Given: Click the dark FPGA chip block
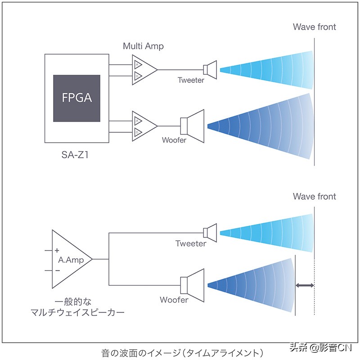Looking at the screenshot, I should point(76,98).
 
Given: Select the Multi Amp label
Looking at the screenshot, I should point(143,46).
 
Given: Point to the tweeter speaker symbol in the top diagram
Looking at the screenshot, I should point(210,69).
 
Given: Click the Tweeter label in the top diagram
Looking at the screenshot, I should point(191,81).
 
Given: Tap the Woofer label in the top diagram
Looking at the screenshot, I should point(174,140).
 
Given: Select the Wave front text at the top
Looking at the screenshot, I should point(314,27).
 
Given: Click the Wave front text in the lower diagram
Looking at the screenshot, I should point(314,197).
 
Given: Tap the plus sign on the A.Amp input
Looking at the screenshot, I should point(57,250).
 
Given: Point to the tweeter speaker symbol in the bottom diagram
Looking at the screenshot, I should point(210,232).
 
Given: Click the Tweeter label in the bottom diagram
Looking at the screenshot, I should point(191,244).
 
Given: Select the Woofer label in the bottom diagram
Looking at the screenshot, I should point(174,300).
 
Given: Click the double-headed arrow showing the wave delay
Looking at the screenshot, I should point(305,285).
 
